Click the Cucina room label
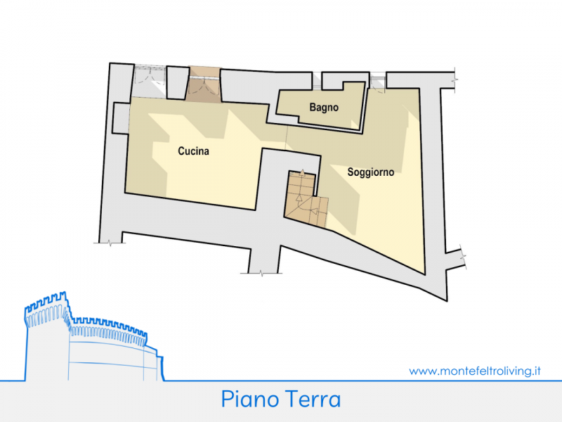(194, 151)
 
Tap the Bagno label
(324, 108)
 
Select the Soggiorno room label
(371, 172)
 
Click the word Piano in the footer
(250, 399)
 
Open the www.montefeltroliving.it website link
(475, 371)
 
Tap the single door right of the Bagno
(377, 82)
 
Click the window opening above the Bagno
(317, 81)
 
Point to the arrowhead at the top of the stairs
(302, 172)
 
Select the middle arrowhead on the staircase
(299, 197)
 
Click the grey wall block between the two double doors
(178, 83)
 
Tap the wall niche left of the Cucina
(122, 118)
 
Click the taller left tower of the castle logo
(46, 335)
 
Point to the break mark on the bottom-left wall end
(110, 243)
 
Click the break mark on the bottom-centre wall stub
(261, 274)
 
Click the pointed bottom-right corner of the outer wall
(447, 301)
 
